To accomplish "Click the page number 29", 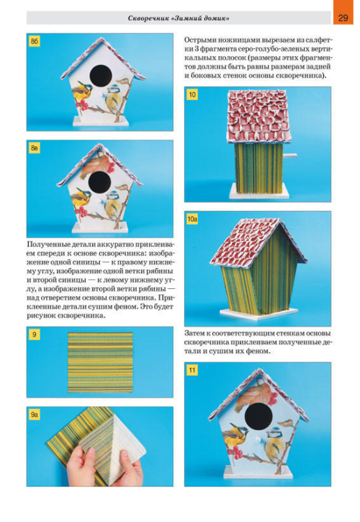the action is [x=343, y=17].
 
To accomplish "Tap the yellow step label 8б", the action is [x=34, y=41].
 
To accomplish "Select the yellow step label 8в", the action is [x=34, y=148].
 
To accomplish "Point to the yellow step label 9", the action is [x=34, y=334].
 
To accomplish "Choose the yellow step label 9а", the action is [x=34, y=415].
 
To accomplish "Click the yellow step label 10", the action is [x=193, y=94].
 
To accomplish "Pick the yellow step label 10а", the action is [x=193, y=219].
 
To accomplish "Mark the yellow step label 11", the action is [x=193, y=370].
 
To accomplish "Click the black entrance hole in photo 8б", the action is [x=100, y=75].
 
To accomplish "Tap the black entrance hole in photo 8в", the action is [x=100, y=182].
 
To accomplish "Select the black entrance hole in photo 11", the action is [x=259, y=416].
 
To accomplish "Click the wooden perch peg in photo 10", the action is [x=290, y=155].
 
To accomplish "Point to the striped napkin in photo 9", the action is [x=100, y=362].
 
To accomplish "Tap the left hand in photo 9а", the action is [x=82, y=465].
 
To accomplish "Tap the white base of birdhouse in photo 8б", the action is [x=100, y=121].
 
